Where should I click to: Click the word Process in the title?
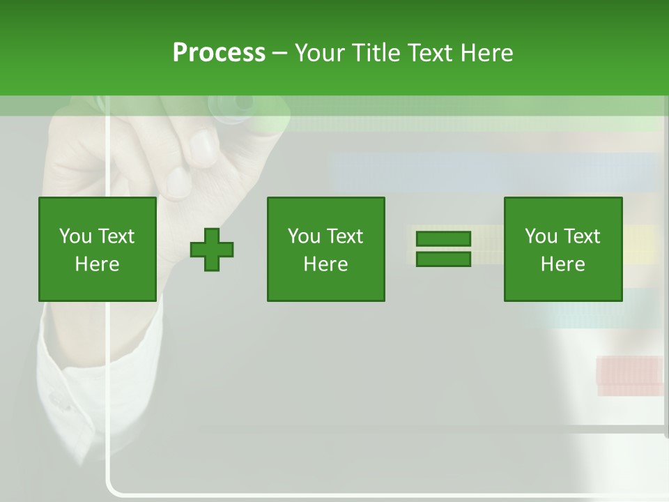tap(219, 53)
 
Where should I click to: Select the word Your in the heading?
tap(322, 53)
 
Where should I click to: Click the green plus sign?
tap(212, 249)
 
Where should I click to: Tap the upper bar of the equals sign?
tap(443, 239)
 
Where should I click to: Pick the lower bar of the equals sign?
tap(443, 259)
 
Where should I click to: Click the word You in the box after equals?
tap(541, 236)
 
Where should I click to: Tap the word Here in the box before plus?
tap(97, 264)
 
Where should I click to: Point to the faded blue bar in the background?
tap(495, 172)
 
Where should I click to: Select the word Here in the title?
tap(487, 53)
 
